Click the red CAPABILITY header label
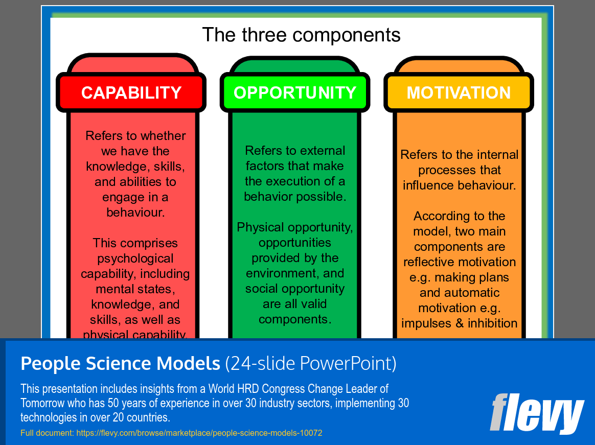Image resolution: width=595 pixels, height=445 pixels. (131, 92)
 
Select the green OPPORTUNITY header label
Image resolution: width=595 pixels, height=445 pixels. (295, 92)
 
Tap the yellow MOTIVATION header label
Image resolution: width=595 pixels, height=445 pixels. (459, 92)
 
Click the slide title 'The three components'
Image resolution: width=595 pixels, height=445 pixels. (301, 35)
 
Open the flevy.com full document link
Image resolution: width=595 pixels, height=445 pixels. (199, 433)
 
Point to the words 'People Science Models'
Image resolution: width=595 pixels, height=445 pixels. (120, 363)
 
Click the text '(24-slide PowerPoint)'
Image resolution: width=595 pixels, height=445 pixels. (311, 363)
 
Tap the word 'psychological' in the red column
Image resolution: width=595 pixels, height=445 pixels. (135, 259)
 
